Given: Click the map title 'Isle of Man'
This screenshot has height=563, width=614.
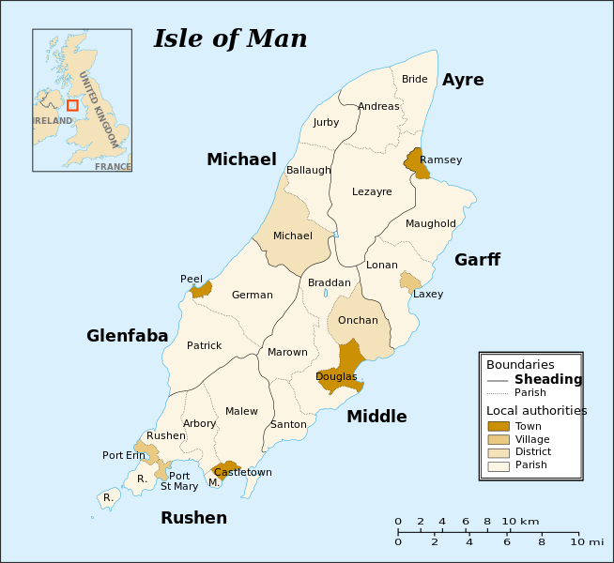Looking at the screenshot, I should coord(230,38).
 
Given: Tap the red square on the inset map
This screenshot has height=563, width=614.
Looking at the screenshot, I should coord(72,105).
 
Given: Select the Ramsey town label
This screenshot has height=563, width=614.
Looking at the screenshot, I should coord(440,160).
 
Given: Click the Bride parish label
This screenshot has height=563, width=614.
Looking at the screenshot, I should coord(414,79).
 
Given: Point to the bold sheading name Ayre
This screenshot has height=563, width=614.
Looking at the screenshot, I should coord(463,80).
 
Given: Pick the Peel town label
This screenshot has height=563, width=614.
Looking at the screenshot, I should coord(192,279).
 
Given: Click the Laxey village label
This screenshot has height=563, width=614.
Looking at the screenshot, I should coord(428,294).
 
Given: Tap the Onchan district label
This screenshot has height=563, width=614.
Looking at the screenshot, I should coord(358,320).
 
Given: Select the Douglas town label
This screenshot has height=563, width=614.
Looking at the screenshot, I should coord(336,376).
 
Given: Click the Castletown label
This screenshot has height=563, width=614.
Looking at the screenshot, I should coord(242,472).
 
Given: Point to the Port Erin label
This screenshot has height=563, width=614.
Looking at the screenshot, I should coord(124,455).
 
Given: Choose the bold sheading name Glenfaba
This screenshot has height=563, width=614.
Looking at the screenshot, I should coord(127,336).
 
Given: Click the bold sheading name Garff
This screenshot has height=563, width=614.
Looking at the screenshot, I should coord(477,260).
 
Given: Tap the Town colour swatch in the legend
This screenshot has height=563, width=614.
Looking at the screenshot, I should coord(499,426).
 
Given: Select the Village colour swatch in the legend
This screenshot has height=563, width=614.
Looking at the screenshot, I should coord(499,439).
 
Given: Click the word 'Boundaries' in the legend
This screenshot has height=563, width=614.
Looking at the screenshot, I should coord(519,364).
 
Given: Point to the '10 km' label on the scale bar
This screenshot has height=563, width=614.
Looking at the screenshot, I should coord(520,521).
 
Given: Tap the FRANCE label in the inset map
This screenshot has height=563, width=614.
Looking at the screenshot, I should coord(113,166).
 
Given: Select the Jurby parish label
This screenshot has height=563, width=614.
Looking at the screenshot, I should coord(326,122).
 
